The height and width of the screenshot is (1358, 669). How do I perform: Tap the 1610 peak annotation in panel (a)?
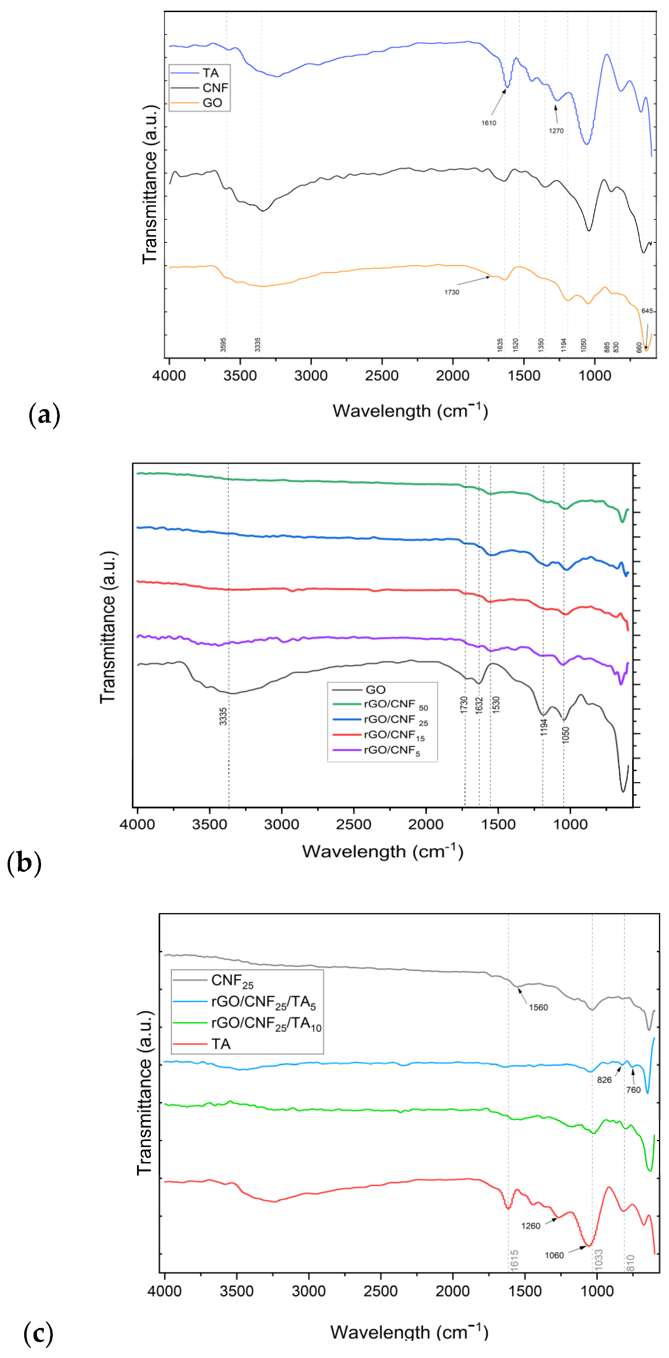coord(488,123)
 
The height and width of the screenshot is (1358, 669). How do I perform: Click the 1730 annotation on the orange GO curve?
coord(451,292)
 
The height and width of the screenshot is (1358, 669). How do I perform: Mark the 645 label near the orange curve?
coord(647,311)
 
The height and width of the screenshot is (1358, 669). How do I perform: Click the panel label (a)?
coord(44,415)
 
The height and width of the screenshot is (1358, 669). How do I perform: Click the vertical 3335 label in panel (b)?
coord(223,716)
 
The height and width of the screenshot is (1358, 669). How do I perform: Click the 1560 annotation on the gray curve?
coord(538,1007)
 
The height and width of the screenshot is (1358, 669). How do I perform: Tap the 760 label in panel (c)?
coord(633,1090)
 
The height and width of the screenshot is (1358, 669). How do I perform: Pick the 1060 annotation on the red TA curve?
coord(554,1255)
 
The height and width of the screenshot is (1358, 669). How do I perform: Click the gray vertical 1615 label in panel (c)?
coord(514,1259)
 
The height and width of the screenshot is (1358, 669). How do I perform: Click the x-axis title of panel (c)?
coord(409,1332)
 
